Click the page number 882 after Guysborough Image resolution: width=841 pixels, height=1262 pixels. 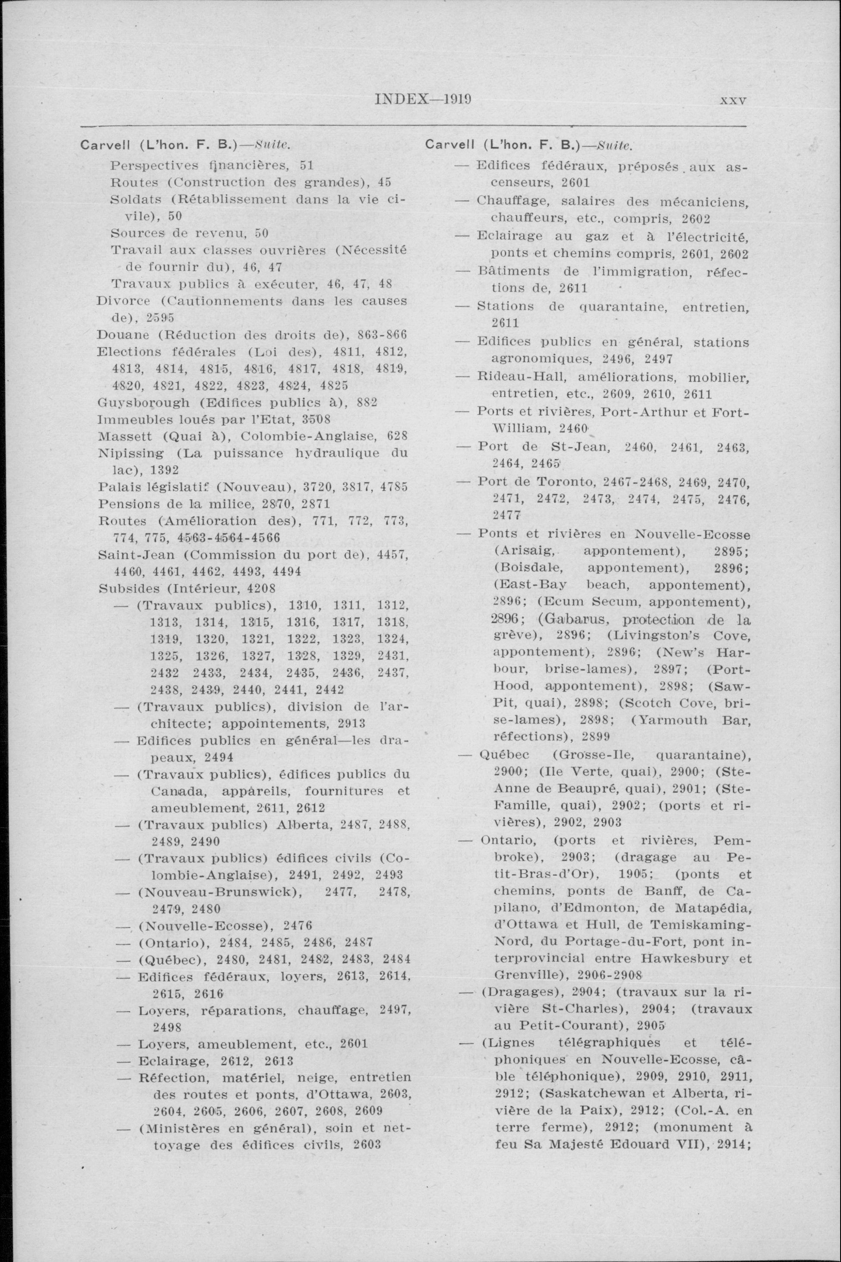(x=367, y=402)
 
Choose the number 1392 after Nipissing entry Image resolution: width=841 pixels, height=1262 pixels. (x=164, y=470)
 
